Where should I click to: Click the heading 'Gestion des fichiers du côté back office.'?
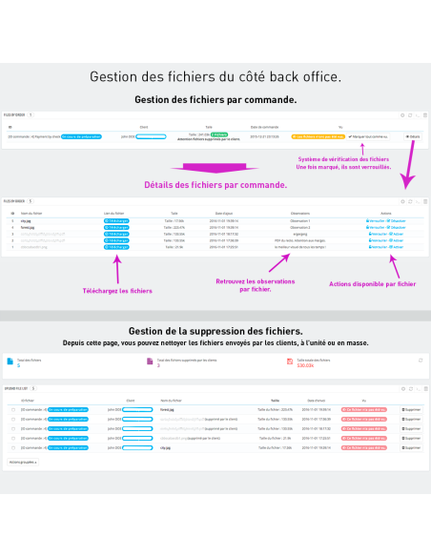click(215, 76)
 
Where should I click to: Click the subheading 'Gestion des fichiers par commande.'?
click(215, 99)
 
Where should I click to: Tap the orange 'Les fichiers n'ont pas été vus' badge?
click(314, 136)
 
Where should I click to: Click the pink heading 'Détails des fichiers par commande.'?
click(215, 185)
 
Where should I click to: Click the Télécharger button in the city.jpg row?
click(116, 220)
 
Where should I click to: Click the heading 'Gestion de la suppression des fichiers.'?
click(215, 330)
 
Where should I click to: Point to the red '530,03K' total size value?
click(305, 365)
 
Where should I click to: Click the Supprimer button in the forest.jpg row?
click(411, 409)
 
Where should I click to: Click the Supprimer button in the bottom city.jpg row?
click(411, 446)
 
